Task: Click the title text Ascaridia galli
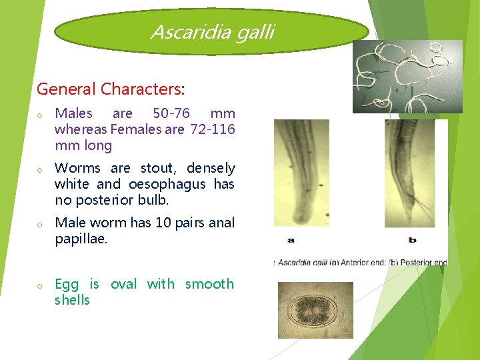(212, 31)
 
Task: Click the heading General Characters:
(111, 89)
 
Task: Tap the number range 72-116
(212, 129)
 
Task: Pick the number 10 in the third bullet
(163, 223)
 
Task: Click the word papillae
(80, 239)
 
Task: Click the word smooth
(209, 284)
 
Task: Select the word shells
(72, 300)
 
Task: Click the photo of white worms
(407, 76)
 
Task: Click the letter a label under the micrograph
(291, 239)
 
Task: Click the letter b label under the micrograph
(412, 239)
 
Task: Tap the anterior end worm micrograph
(301, 173)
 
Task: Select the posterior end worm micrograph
(409, 173)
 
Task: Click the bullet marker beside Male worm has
(40, 225)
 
